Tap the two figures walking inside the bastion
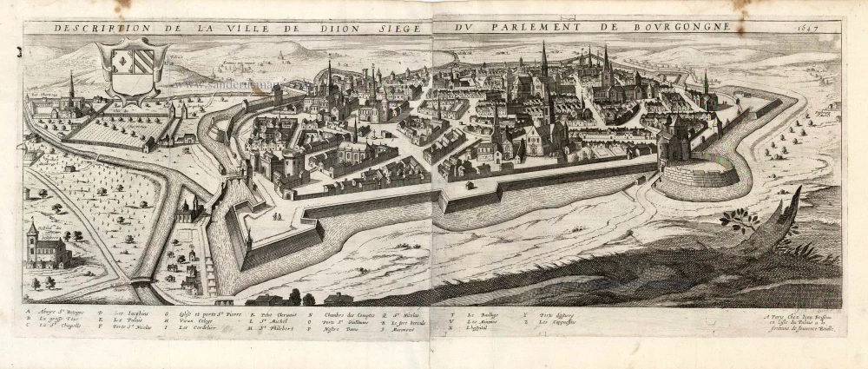coord(276,215)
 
